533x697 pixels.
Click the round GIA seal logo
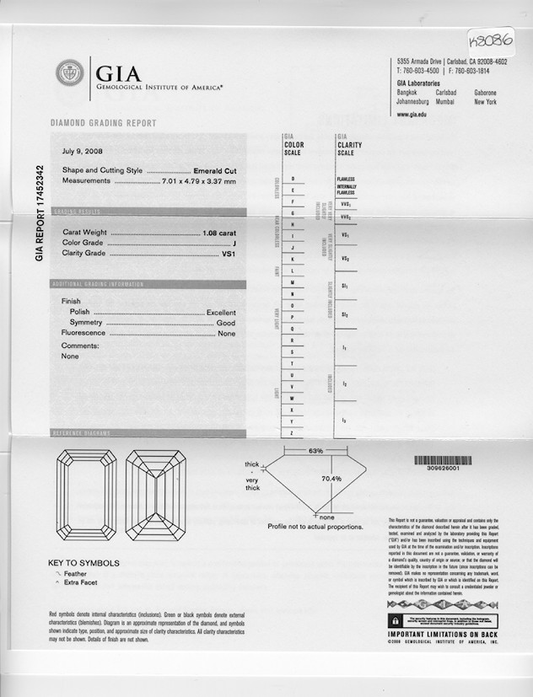tap(69, 72)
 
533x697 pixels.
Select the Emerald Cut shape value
tap(215, 170)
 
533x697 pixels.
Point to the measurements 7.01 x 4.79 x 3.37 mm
tap(199, 181)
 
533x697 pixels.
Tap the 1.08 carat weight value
tap(219, 232)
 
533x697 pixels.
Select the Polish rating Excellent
tap(221, 313)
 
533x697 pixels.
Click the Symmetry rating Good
tap(226, 323)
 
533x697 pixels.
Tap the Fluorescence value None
tap(227, 334)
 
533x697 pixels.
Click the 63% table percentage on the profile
tap(315, 452)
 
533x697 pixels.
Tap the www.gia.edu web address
tap(412, 115)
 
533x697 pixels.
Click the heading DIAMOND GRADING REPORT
tap(104, 123)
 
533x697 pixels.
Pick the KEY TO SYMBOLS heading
tap(83, 563)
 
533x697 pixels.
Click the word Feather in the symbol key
tap(75, 574)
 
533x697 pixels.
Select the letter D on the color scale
tap(293, 180)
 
